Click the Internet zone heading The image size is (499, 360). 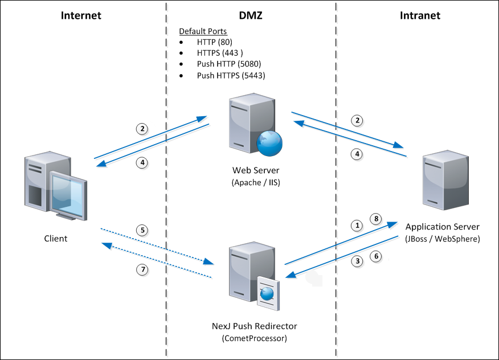coord(81,15)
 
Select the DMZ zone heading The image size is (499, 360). coord(251,15)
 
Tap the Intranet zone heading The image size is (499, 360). coord(420,15)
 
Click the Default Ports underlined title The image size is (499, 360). coord(203,31)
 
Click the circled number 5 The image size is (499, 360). coord(144,231)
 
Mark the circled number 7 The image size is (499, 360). coord(144,270)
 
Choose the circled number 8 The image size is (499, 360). coord(375,218)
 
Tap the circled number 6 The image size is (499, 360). coord(375,257)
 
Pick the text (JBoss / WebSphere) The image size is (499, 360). coord(442,238)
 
